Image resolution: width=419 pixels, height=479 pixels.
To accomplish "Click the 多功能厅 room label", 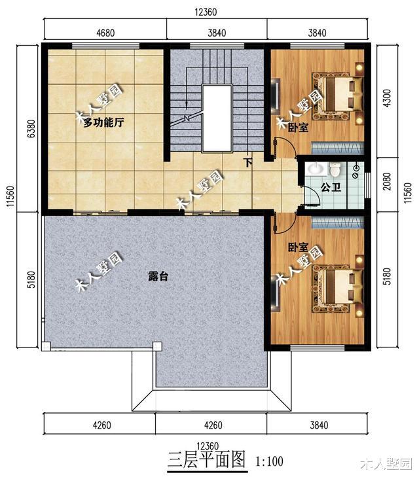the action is pyautogui.click(x=103, y=123).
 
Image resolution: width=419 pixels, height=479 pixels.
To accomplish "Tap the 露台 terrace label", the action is pyautogui.click(x=158, y=276).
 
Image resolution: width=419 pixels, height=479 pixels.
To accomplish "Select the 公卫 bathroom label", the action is pyautogui.click(x=331, y=187).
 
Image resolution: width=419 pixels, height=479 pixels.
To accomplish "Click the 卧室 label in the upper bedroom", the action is pyautogui.click(x=298, y=128).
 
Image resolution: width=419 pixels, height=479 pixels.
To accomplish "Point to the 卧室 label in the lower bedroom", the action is pyautogui.click(x=298, y=247).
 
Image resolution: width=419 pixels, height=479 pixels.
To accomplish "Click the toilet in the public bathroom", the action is pyautogui.click(x=335, y=169).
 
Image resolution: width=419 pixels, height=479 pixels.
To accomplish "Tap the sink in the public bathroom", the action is pyautogui.click(x=316, y=169).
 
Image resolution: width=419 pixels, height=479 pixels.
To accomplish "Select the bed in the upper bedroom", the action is pyautogui.click(x=337, y=96).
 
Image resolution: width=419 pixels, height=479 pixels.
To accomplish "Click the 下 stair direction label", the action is pyautogui.click(x=249, y=162).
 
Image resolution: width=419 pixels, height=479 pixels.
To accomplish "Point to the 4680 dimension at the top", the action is pyautogui.click(x=105, y=33).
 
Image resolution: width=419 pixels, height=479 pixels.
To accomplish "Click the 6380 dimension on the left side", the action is pyautogui.click(x=31, y=129).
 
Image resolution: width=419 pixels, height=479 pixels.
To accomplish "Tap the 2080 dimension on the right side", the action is pyautogui.click(x=387, y=181).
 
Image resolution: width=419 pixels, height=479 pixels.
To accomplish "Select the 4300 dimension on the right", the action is pyautogui.click(x=387, y=98).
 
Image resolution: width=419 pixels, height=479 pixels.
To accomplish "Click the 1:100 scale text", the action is pyautogui.click(x=270, y=461).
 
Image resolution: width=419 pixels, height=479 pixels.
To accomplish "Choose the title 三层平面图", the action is pyautogui.click(x=207, y=459).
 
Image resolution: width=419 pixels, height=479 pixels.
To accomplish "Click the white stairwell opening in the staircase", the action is pyautogui.click(x=217, y=118).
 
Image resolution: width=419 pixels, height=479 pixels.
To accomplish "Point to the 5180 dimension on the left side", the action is pyautogui.click(x=31, y=279).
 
